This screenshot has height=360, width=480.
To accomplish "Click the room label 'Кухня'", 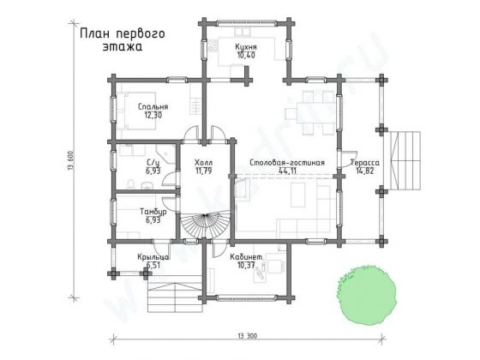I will coord(247,45).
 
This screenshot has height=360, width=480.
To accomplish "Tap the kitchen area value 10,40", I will coord(247,55).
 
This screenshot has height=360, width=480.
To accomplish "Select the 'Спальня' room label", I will coord(153,106).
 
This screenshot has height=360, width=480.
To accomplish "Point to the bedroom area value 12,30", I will coord(153,115).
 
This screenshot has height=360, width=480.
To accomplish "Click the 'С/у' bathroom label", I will coord(154,163).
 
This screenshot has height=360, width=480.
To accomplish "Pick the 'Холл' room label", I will coord(203,162).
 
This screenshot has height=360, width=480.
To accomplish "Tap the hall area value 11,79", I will coord(203,171).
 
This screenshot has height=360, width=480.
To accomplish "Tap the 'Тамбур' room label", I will coord(154,211).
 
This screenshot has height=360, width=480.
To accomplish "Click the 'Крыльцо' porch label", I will coord(153,257).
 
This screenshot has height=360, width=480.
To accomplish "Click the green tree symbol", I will coord(370,294).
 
